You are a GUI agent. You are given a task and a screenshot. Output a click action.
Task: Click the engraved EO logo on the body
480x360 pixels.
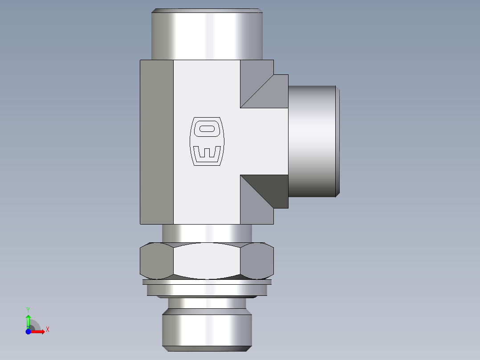[x=207, y=142]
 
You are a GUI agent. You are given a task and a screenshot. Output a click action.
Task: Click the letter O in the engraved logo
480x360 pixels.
[x=207, y=129]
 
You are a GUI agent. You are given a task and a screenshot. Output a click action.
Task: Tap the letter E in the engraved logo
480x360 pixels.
[x=207, y=153]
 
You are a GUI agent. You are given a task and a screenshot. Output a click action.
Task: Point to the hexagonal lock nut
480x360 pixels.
[x=207, y=261]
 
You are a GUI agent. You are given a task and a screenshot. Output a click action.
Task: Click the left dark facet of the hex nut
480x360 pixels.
[x=156, y=261]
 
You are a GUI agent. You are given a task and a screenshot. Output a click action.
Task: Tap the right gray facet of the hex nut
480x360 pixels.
[x=256, y=261]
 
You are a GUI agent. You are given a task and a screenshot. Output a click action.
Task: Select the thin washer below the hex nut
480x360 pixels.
[x=207, y=282]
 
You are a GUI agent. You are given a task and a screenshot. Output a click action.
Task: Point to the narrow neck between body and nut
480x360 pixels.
[x=207, y=233]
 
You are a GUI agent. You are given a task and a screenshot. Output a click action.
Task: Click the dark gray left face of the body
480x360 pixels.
[x=156, y=142]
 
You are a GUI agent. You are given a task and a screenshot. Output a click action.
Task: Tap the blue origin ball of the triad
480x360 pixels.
[x=28, y=331]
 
